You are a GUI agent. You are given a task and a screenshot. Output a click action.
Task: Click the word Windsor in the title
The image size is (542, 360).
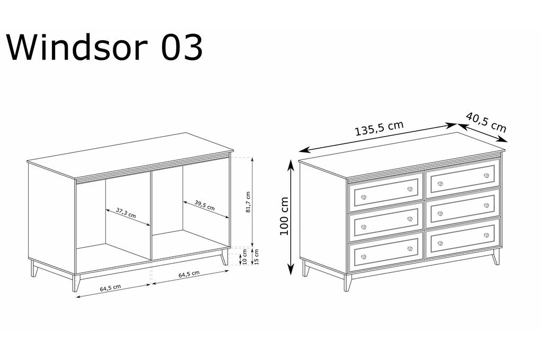click(x=77, y=47)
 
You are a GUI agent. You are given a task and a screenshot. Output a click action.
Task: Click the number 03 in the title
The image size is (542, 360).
click(x=182, y=48)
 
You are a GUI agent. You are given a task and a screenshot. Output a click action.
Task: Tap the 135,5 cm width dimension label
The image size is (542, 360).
click(x=379, y=128)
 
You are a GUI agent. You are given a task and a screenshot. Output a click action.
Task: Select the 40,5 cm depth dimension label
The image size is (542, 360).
click(x=486, y=122)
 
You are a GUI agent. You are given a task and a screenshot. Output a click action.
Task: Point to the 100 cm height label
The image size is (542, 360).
click(x=284, y=216)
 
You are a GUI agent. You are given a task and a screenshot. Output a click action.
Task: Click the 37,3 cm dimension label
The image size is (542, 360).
click(x=126, y=213)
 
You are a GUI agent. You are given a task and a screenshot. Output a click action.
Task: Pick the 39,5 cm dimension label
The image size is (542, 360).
click(x=204, y=205)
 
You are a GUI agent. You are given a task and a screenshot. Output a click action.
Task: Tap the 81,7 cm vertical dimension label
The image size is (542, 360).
click(x=248, y=202)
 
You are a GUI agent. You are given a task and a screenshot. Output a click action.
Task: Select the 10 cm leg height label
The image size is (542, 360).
click(x=245, y=257)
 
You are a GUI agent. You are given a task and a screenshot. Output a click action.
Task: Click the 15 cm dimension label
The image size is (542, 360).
click(x=256, y=257)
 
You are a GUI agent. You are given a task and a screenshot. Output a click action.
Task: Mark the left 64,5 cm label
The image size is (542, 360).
click(x=110, y=288)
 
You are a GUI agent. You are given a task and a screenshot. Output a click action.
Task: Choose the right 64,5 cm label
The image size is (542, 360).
click(x=189, y=274)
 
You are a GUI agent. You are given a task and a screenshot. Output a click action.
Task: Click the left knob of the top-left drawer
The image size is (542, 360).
click(x=363, y=197)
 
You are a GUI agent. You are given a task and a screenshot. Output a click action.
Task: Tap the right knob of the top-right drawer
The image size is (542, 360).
click(x=487, y=176)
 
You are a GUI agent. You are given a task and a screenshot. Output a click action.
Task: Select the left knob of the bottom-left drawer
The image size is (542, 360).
click(x=363, y=257)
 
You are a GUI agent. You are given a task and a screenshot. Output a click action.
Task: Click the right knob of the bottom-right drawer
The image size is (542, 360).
click(x=487, y=236)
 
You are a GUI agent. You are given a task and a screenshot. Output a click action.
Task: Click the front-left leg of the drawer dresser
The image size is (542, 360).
click(x=347, y=282)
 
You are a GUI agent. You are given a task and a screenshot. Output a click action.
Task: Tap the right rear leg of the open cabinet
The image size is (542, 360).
click(x=225, y=257)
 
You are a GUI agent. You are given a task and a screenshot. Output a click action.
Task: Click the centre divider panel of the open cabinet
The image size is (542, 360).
click(x=151, y=215)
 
